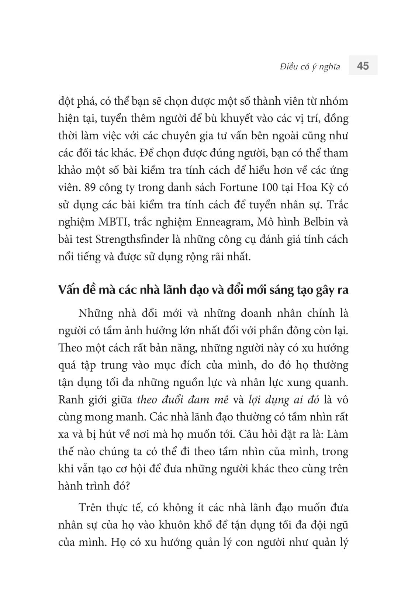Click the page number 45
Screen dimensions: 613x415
[x=363, y=66]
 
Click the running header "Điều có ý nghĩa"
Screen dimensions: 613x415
[x=310, y=67]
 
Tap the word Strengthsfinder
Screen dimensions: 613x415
[x=139, y=239]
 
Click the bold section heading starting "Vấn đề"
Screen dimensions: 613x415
[x=203, y=290]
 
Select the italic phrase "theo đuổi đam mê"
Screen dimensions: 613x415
[x=183, y=399]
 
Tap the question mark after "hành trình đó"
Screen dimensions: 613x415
[x=126, y=486]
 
